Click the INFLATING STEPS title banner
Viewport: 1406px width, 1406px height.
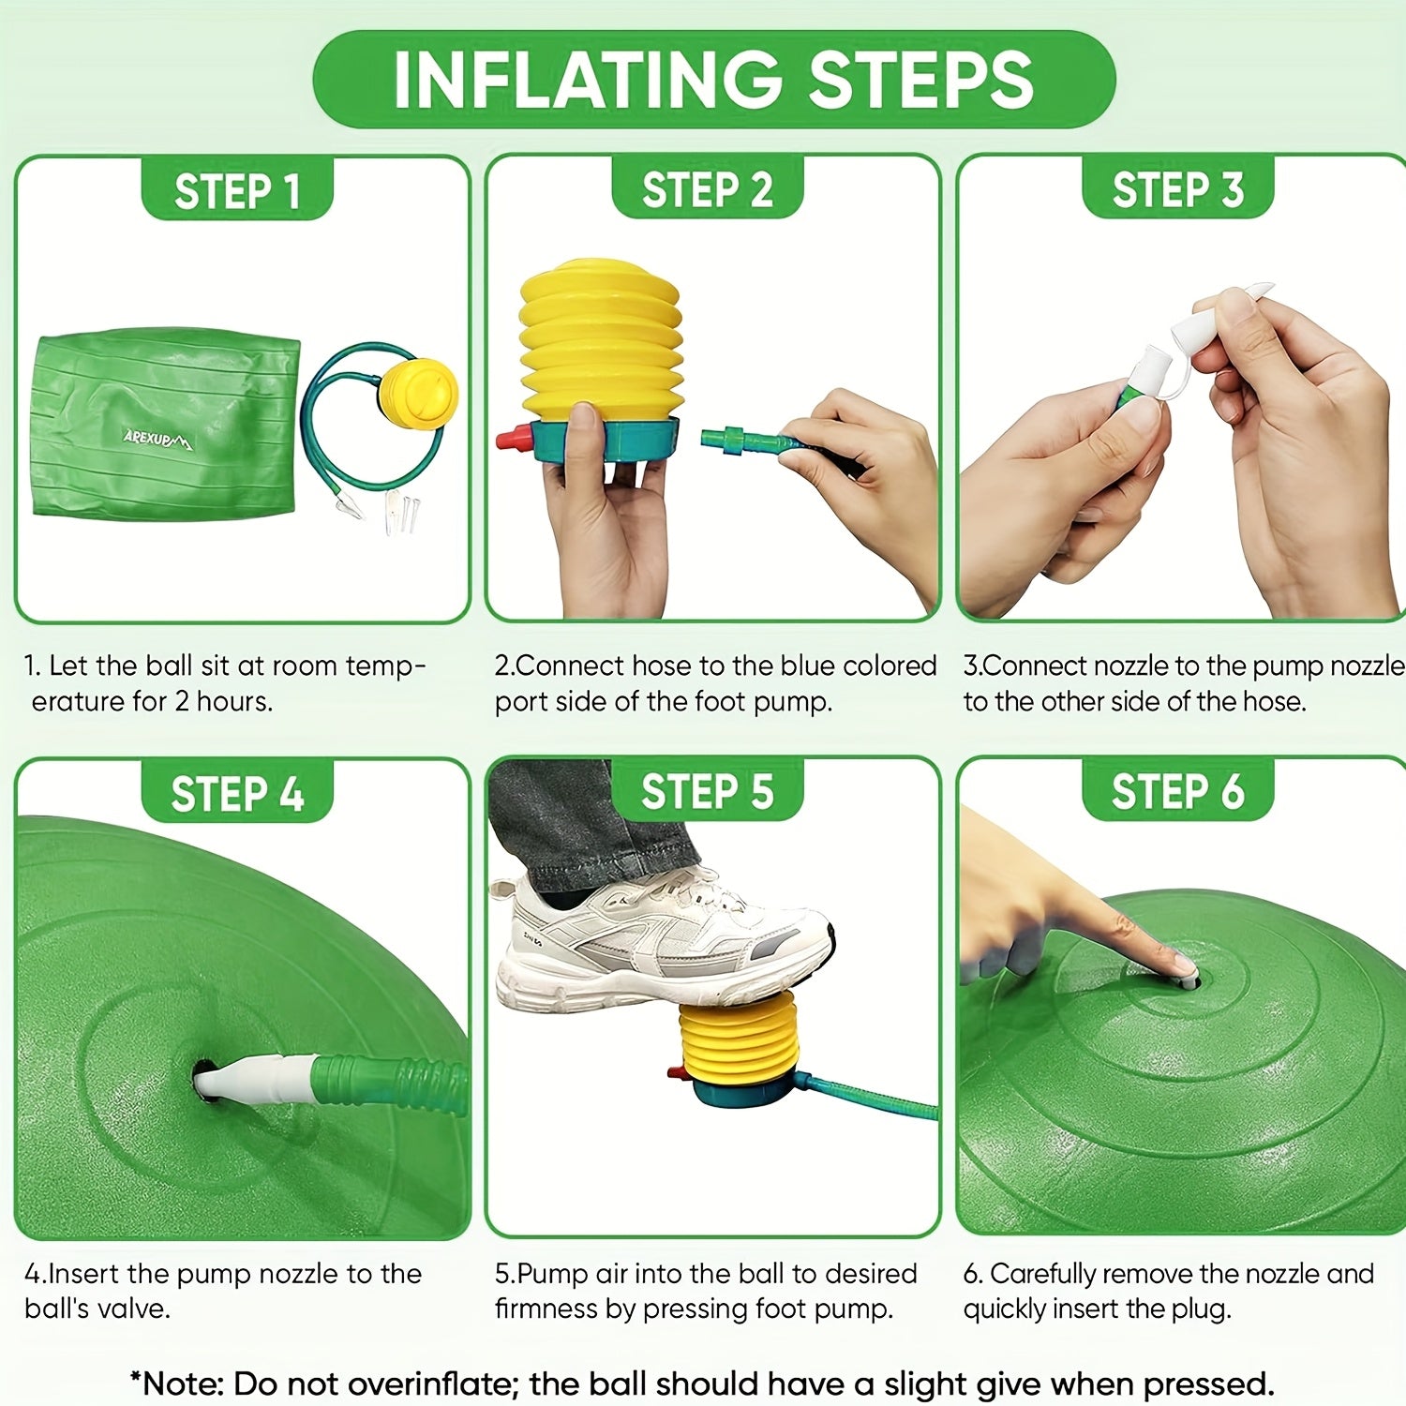pos(713,80)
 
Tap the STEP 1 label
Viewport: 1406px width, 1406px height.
pos(237,191)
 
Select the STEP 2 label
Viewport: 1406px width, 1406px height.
pos(708,189)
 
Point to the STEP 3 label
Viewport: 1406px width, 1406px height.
pos(1178,189)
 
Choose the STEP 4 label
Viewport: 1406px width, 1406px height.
pos(237,794)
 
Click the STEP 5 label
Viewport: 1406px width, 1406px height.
pos(708,791)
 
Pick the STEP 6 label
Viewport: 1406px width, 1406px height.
pos(1178,791)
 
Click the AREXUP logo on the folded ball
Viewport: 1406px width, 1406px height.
pos(157,437)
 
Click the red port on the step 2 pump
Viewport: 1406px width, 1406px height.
pos(511,438)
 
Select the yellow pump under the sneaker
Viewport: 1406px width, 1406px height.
pos(738,1040)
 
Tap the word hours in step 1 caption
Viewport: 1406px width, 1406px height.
pos(233,701)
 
